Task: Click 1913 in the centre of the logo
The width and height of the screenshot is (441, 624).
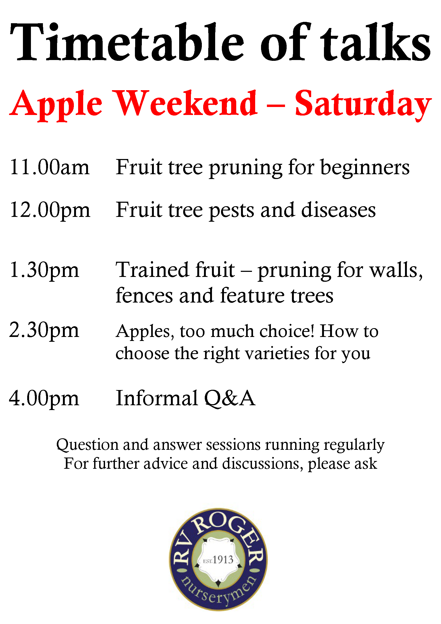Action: (x=223, y=560)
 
